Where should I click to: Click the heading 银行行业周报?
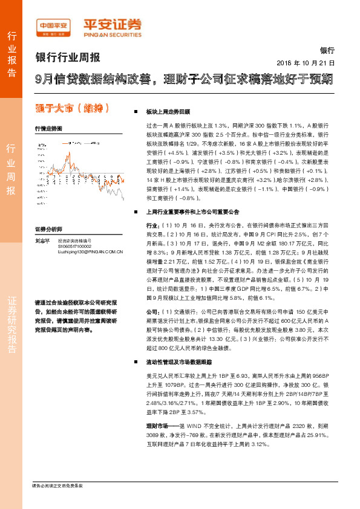click(x=68, y=57)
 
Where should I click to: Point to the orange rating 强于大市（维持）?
click(x=73, y=109)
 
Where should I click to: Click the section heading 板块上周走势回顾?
click(x=168, y=112)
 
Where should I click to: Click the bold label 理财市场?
click(x=159, y=427)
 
